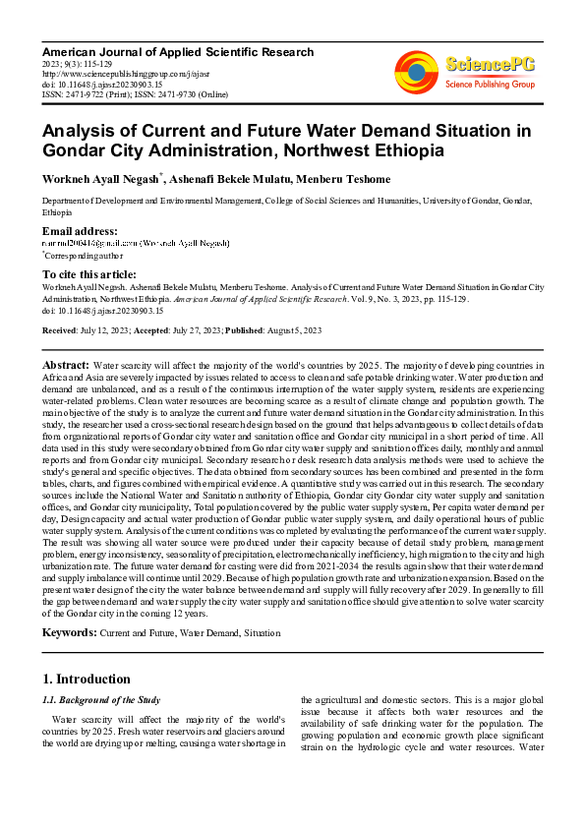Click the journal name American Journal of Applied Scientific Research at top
(177, 52)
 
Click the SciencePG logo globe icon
(416, 70)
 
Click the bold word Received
(60, 330)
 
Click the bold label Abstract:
(66, 364)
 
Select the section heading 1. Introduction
(87, 680)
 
